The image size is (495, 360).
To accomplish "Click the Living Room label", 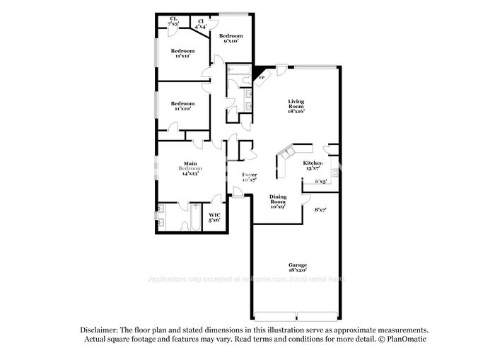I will click(x=296, y=106).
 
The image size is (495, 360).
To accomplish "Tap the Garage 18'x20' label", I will click(x=297, y=267).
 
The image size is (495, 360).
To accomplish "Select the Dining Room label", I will click(x=277, y=202).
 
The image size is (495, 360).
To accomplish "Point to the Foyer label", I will click(x=250, y=177).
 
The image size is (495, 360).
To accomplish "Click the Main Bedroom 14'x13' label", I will click(x=190, y=168).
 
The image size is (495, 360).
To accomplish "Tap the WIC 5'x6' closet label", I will click(x=214, y=217).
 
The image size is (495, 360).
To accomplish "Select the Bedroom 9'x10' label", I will click(x=231, y=38).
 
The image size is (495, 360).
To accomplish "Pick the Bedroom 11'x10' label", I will click(x=182, y=106).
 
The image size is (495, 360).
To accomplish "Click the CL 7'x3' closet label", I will click(x=173, y=21).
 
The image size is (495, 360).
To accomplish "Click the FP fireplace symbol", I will click(x=262, y=76).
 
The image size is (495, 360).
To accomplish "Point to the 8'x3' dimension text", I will click(x=320, y=181).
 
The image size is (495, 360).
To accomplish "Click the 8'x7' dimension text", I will click(x=320, y=209).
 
